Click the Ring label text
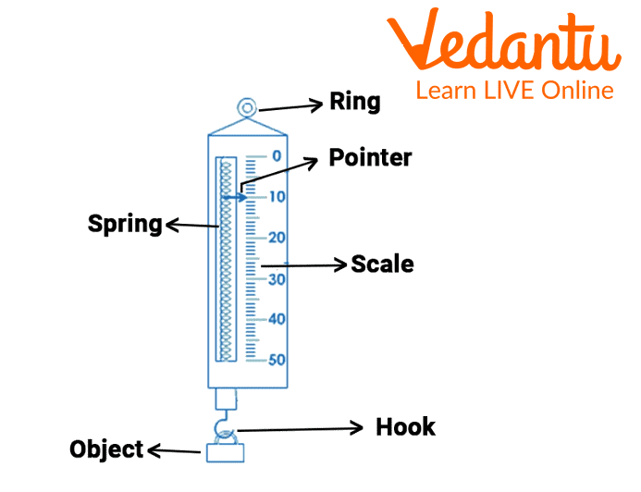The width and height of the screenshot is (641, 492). click(354, 102)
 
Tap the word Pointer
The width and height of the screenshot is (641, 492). click(370, 158)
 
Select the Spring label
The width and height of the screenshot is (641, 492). click(125, 223)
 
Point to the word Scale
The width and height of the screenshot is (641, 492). click(382, 264)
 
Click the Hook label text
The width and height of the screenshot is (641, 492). click(405, 427)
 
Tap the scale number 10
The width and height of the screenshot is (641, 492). click(277, 196)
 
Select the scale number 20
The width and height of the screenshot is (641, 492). click(277, 238)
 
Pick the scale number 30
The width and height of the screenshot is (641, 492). click(277, 278)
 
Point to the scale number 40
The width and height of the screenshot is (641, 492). click(277, 319)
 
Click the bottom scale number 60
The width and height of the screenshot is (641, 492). click(277, 360)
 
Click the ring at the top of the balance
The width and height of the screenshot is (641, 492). click(247, 109)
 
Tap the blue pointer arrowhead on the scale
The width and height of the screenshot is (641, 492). click(242, 197)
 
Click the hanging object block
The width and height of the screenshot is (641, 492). click(225, 453)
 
